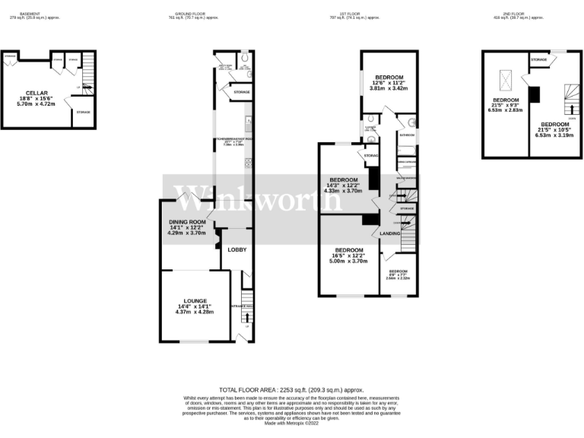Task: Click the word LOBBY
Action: (x=237, y=249)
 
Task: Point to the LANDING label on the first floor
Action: (x=390, y=233)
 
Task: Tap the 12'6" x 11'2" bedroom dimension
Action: (x=389, y=81)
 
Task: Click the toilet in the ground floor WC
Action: (x=244, y=63)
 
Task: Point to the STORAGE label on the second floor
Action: (x=538, y=59)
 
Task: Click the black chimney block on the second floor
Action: (x=534, y=94)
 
